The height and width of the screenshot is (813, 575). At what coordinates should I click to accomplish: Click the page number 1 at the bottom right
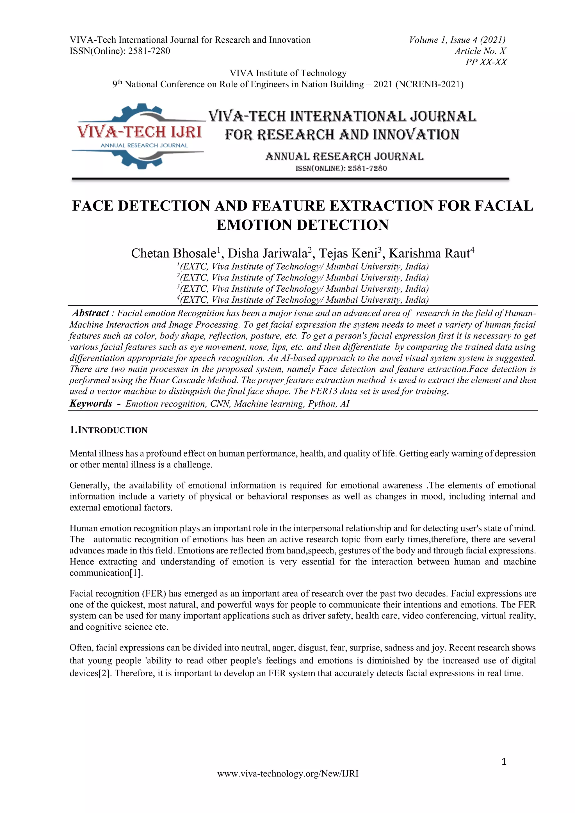coord(504,762)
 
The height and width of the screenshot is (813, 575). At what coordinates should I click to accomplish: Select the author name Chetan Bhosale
coord(173,254)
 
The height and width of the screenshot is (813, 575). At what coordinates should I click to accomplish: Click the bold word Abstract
coord(91,313)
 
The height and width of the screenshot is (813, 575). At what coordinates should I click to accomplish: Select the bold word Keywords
coord(91,403)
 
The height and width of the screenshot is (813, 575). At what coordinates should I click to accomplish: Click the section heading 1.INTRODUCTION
coord(108,430)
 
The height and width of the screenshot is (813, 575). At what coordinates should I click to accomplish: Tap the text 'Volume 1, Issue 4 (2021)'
coord(457,40)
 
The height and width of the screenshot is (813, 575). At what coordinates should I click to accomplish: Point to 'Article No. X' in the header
coord(480,51)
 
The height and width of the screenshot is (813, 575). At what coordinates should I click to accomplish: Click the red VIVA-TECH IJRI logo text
coord(140,132)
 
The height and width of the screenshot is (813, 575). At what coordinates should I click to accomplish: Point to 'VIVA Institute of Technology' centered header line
coord(288,73)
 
